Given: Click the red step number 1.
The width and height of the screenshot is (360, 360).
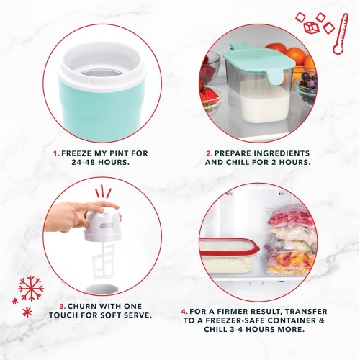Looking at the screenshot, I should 55,153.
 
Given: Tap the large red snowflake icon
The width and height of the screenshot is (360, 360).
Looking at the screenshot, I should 30,288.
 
